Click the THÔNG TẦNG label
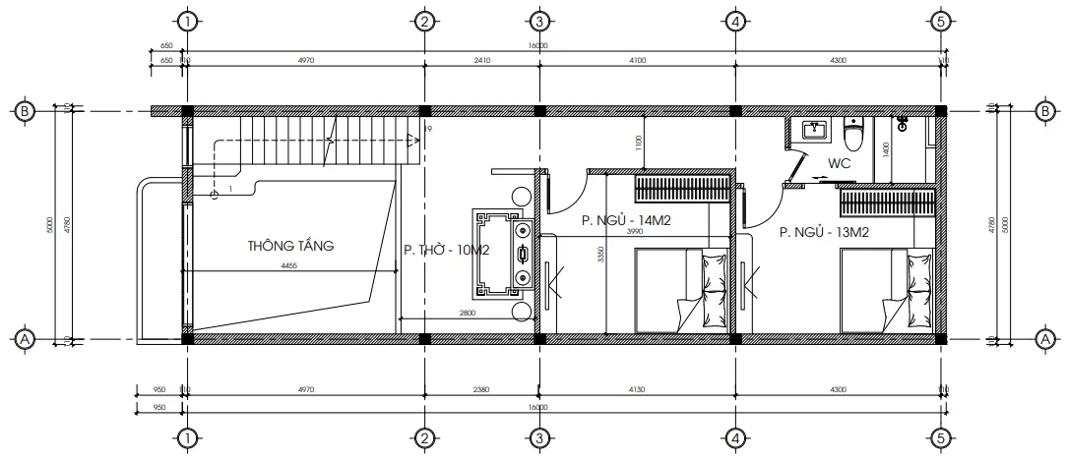pyautogui.click(x=290, y=247)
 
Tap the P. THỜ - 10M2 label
pyautogui.click(x=446, y=251)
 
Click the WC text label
pyautogui.click(x=839, y=163)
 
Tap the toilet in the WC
pyautogui.click(x=854, y=134)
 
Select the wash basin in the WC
pyautogui.click(x=813, y=131)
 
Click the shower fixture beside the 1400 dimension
pyautogui.click(x=903, y=124)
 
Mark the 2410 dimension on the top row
pyautogui.click(x=481, y=61)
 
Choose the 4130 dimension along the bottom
pyautogui.click(x=635, y=390)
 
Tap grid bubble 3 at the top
pyautogui.click(x=537, y=21)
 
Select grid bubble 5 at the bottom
pyautogui.click(x=940, y=437)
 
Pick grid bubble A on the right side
pyautogui.click(x=1042, y=339)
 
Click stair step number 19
pyautogui.click(x=427, y=129)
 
